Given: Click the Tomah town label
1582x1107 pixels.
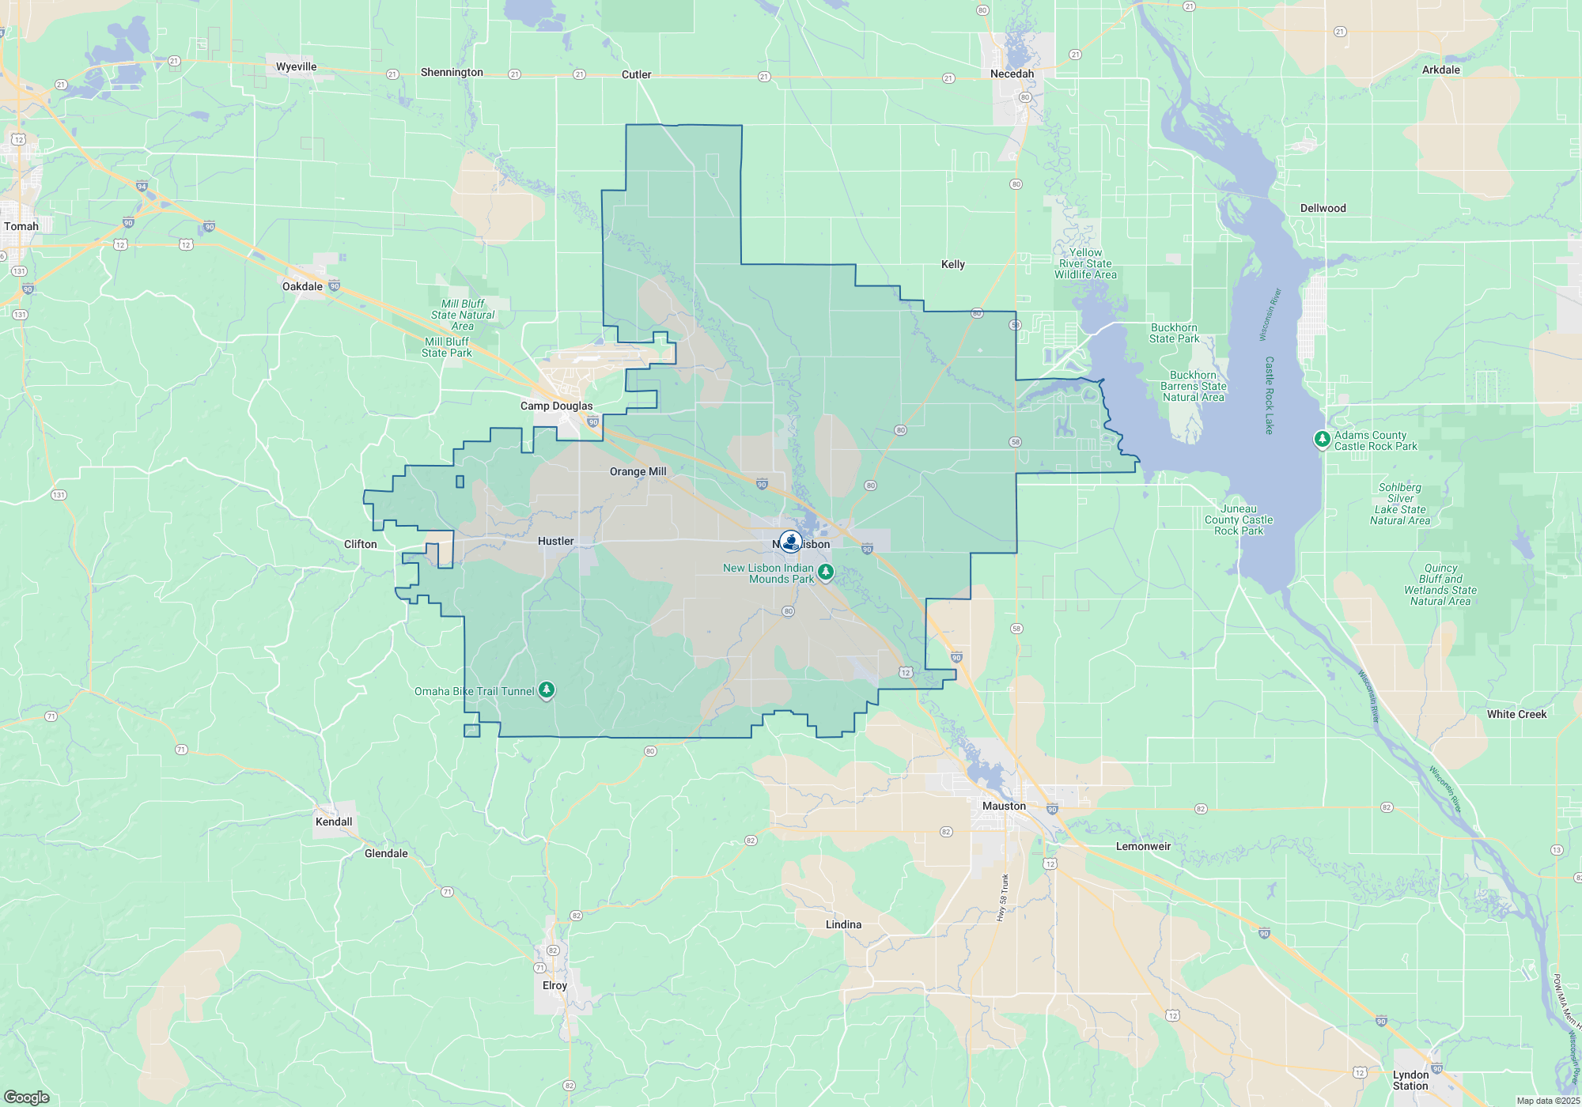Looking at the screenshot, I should (21, 226).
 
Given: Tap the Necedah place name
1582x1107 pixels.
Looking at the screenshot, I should (1012, 74).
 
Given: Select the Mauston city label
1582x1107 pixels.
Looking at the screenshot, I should (1004, 806).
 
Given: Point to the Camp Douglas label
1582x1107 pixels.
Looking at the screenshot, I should (556, 406).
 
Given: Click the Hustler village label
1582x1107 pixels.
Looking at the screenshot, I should (555, 541).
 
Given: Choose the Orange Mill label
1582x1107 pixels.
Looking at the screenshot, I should (638, 471).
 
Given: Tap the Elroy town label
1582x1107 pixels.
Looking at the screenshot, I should (554, 985).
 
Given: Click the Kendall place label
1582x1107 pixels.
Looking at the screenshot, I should (334, 822).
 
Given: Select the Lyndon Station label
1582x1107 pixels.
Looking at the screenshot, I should (1410, 1080).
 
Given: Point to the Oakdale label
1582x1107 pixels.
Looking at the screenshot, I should (302, 286).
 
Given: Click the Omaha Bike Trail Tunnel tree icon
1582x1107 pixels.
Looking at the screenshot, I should (547, 690).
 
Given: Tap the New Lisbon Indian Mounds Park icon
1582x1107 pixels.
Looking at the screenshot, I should (825, 572).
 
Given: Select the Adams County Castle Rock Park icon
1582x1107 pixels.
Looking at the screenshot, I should (1322, 439).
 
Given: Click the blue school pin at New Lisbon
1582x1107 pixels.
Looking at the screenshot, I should (790, 542).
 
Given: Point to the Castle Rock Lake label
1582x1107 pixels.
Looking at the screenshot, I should (1269, 395).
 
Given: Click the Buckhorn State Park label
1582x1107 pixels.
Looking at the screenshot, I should (1174, 333).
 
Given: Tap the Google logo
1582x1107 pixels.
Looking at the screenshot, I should (27, 1097).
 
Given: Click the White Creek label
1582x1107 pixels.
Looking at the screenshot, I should (1516, 714).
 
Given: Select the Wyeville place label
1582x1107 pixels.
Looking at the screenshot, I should (296, 66).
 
